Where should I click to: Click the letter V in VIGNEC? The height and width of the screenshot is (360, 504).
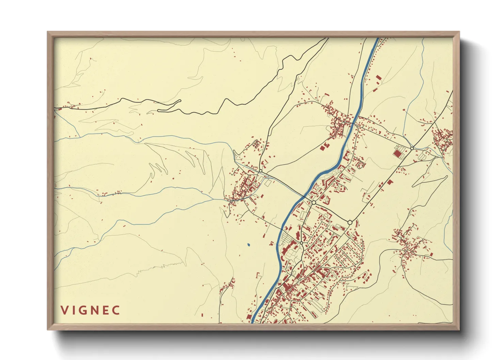(64, 310)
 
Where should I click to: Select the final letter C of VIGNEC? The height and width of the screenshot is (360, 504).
(116, 310)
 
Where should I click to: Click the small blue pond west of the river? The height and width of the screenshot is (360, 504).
(248, 244)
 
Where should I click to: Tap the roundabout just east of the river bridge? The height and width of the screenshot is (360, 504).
(313, 202)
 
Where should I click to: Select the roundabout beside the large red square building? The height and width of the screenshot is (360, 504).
(412, 148)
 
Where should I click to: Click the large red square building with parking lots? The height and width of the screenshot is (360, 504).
(397, 153)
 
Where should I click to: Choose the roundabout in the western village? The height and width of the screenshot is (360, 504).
(261, 171)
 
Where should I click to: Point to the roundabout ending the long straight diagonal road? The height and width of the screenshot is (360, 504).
(350, 223)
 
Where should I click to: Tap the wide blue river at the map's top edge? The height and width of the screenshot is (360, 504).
(377, 39)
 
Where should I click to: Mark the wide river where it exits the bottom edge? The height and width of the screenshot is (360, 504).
(253, 321)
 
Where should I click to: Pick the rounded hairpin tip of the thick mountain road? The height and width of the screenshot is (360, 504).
(159, 110)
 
